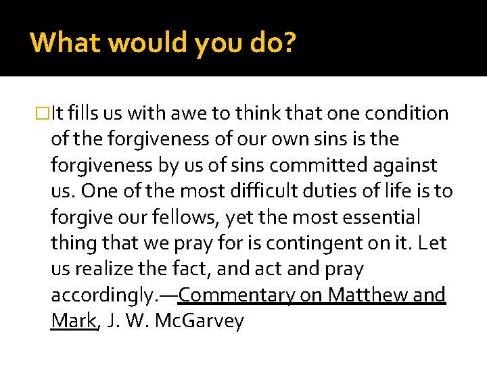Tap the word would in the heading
[x=149, y=43]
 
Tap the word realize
[x=105, y=269]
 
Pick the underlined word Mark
[x=73, y=321]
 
